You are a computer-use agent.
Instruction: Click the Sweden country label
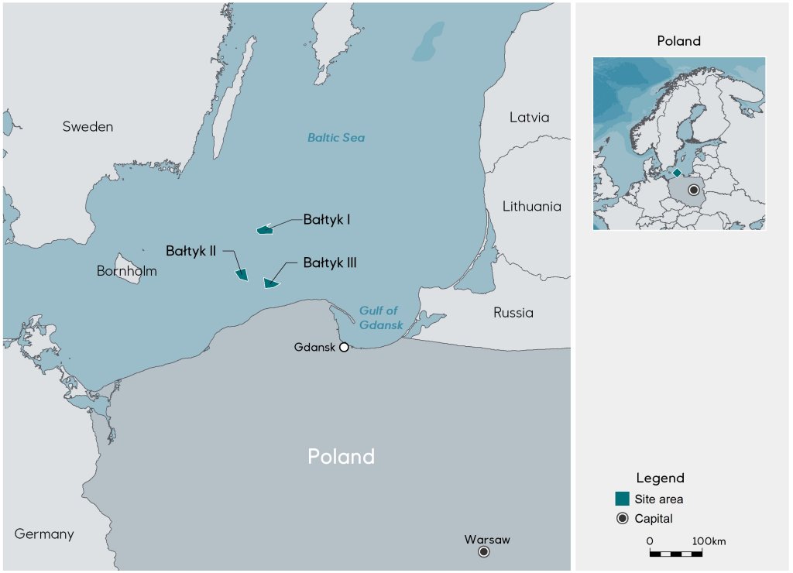tap(88, 126)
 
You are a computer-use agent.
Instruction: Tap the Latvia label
tap(529, 118)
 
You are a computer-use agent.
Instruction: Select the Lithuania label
tap(531, 207)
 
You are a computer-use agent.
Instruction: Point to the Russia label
tap(513, 313)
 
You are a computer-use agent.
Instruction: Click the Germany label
tap(44, 534)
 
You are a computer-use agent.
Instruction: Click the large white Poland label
tap(341, 456)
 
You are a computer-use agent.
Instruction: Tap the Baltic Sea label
tap(335, 138)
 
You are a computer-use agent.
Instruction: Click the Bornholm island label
tap(126, 271)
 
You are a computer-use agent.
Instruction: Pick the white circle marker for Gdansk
tap(344, 347)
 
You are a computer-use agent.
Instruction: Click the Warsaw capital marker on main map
tap(484, 551)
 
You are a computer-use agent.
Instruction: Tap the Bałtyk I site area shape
tap(265, 229)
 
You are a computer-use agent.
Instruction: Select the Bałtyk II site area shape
tap(242, 273)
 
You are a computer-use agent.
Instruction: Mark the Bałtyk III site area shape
tap(270, 283)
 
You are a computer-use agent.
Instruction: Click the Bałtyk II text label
tap(191, 251)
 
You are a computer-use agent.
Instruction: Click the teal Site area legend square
tap(622, 499)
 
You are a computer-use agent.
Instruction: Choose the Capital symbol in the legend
tap(622, 519)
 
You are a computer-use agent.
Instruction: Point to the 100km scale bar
tap(675, 554)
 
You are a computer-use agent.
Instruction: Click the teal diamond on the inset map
tap(677, 172)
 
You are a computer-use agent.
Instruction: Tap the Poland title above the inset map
tap(678, 41)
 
